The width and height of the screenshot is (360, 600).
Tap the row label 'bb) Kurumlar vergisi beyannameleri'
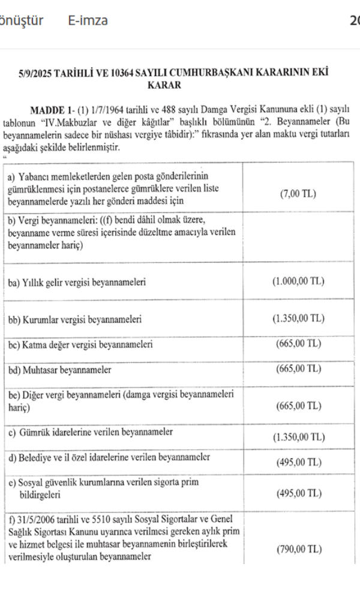[x=74, y=319]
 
